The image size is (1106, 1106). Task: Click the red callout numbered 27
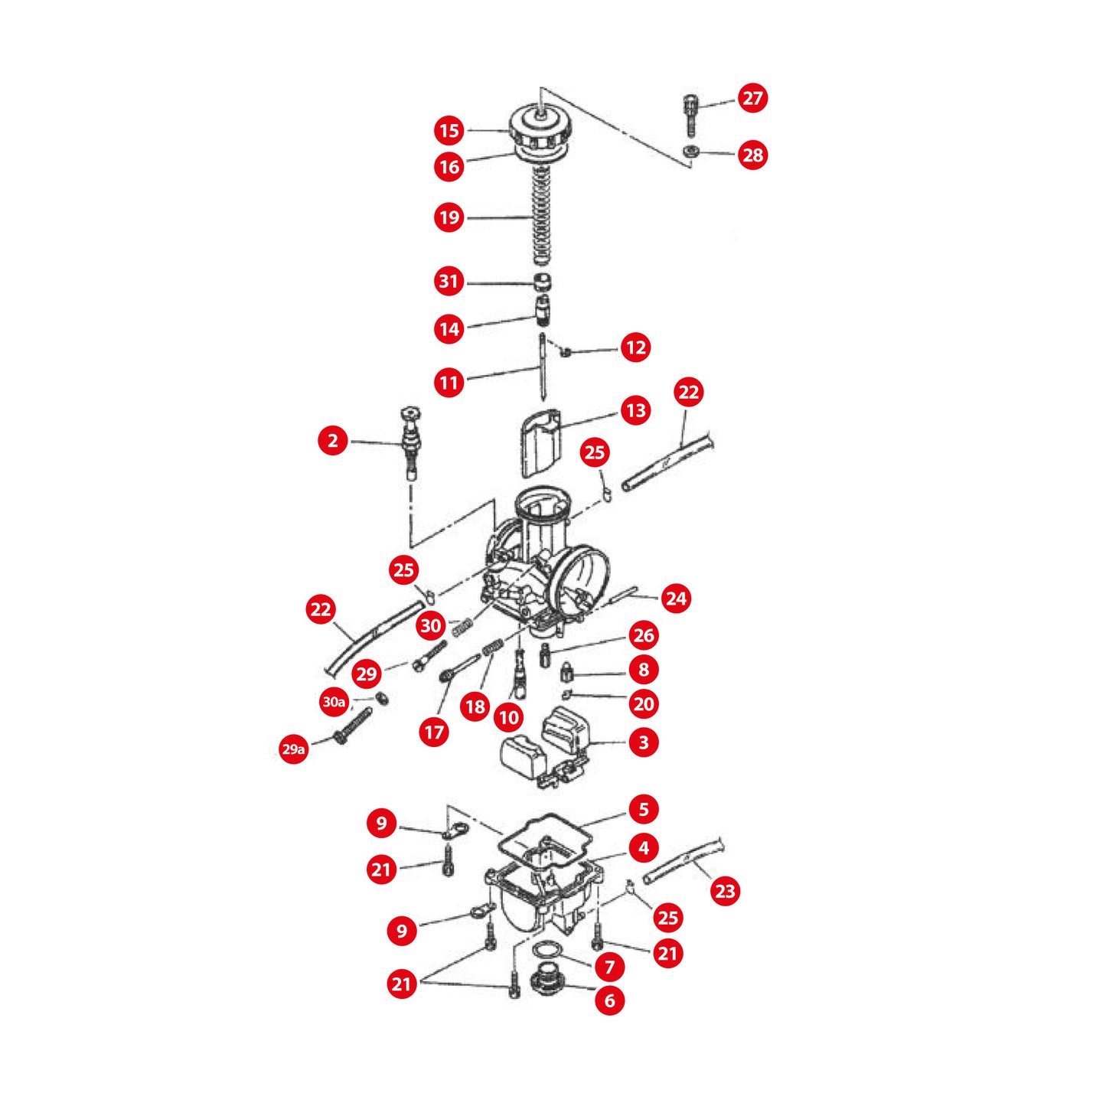(752, 98)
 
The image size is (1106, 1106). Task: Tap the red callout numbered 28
(752, 155)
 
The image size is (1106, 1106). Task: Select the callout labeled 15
(449, 131)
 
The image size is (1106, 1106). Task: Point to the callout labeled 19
(449, 218)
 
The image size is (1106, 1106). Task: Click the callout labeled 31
(449, 282)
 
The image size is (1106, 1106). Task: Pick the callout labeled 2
(333, 441)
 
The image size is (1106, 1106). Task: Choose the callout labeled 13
(635, 411)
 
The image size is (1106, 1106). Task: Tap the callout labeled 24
(676, 599)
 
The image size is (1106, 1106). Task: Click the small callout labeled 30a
(334, 702)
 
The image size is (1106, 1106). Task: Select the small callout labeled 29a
(293, 749)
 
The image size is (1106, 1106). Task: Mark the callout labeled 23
(725, 891)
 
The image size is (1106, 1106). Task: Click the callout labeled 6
(610, 1000)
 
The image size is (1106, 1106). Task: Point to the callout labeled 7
(610, 967)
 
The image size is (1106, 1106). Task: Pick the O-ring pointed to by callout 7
(544, 950)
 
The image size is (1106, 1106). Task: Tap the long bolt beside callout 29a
(353, 726)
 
